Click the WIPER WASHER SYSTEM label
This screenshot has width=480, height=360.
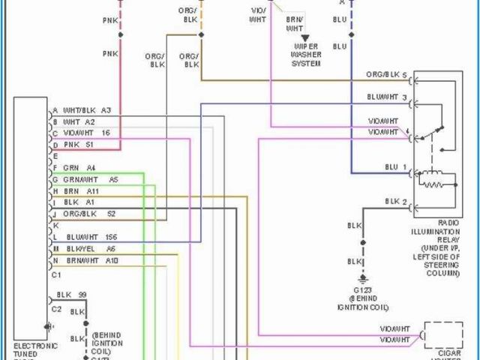point(306,55)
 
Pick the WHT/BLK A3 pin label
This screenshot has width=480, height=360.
point(86,110)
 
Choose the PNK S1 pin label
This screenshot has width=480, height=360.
point(79,144)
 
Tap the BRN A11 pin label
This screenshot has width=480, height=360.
point(82,191)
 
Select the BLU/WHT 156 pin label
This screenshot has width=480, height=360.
point(91,236)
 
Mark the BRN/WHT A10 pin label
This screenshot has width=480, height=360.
point(91,260)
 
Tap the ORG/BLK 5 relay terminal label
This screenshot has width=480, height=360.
point(386,75)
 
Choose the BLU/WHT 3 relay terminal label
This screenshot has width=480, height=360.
point(387,97)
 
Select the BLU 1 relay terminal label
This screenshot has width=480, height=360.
point(395,166)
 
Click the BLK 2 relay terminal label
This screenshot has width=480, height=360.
point(395,202)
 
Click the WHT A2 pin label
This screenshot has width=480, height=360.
point(79,121)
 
